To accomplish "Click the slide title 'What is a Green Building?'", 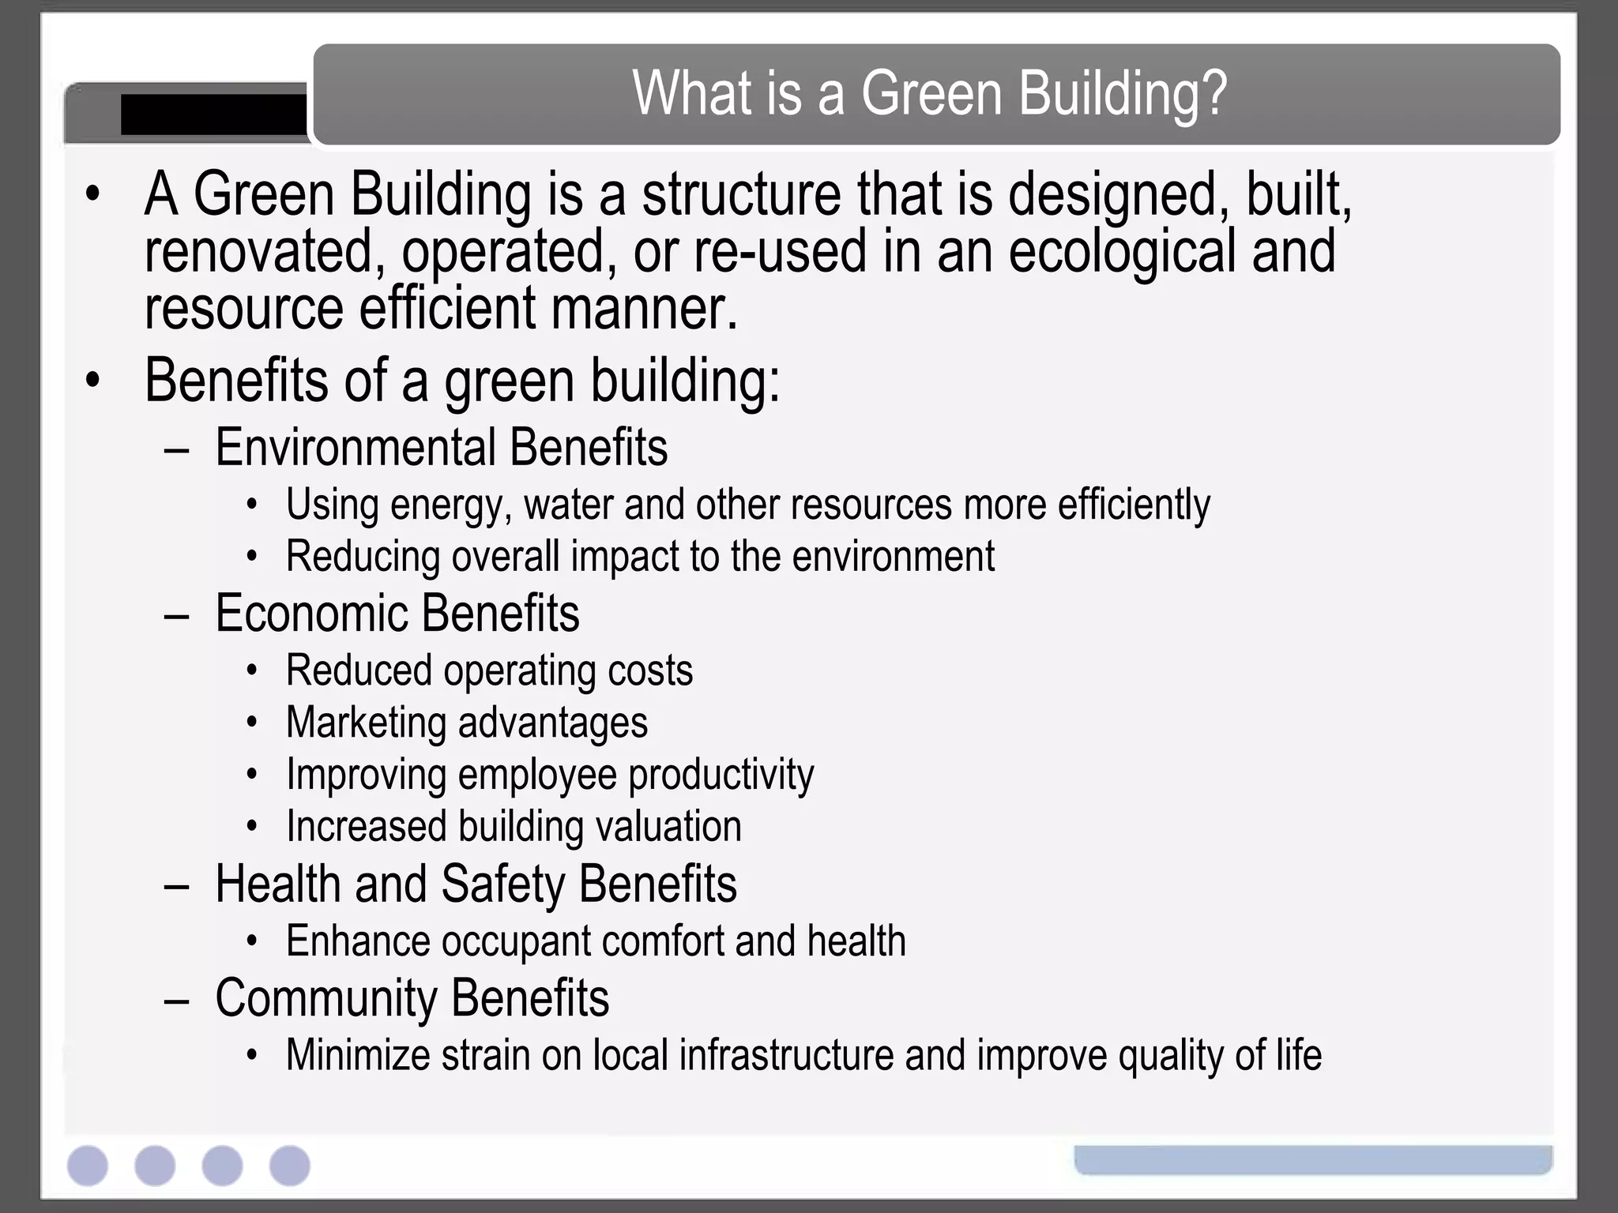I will pyautogui.click(x=929, y=93).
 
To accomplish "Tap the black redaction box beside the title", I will pyautogui.click(x=213, y=115).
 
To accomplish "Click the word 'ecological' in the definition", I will pyautogui.click(x=1122, y=251).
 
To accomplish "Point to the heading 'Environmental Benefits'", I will pyautogui.click(x=441, y=447).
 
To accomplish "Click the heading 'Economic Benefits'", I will pyautogui.click(x=397, y=613).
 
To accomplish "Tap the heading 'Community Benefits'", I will pyautogui.click(x=412, y=997).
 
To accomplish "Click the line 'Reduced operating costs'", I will pyautogui.click(x=489, y=670).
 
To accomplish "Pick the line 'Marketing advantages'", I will pyautogui.click(x=466, y=723).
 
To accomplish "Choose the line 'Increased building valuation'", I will pyautogui.click(x=514, y=827).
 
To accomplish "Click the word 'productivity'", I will pyautogui.click(x=721, y=775).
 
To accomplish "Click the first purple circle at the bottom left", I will pyautogui.click(x=88, y=1166).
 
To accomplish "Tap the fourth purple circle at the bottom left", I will pyautogui.click(x=290, y=1166).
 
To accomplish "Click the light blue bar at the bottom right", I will pyautogui.click(x=1312, y=1159).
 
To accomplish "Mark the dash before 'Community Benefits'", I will pyautogui.click(x=177, y=1000).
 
